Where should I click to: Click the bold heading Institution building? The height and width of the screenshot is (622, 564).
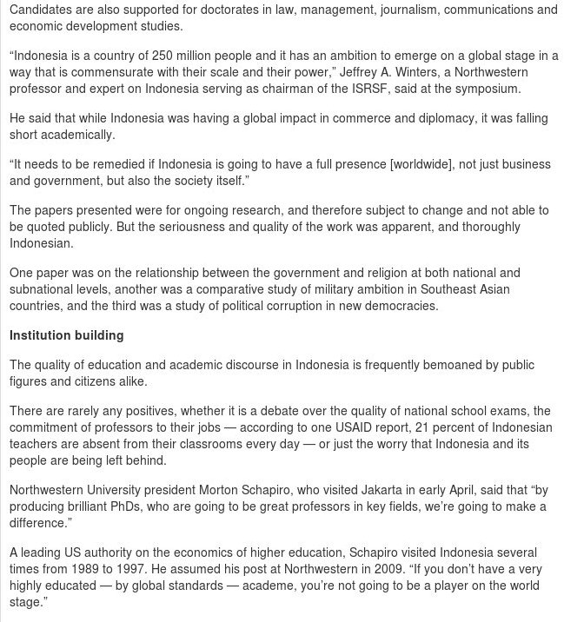66,335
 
